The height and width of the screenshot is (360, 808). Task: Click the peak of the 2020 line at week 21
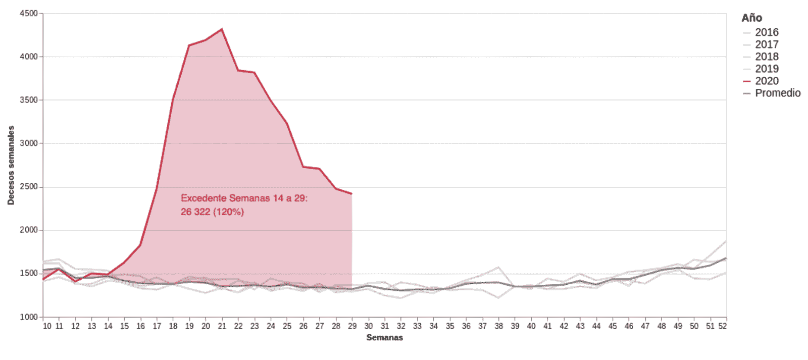click(x=222, y=29)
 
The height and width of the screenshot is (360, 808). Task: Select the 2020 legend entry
click(x=766, y=81)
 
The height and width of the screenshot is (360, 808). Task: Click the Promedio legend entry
click(x=777, y=93)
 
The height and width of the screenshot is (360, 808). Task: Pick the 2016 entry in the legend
click(x=766, y=32)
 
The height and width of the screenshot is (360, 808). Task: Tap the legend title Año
click(x=751, y=18)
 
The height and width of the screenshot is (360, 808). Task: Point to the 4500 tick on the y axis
click(x=29, y=14)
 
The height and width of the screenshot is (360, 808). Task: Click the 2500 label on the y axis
click(x=29, y=187)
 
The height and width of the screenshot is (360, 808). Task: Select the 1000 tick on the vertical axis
click(x=29, y=317)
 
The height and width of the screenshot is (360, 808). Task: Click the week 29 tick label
click(x=352, y=326)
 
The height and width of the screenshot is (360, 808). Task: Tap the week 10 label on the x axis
click(x=47, y=326)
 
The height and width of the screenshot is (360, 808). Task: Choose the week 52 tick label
click(x=723, y=326)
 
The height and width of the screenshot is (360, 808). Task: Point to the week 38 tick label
click(x=498, y=326)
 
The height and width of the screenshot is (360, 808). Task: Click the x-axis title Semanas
click(x=384, y=338)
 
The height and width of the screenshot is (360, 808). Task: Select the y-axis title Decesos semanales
click(x=11, y=165)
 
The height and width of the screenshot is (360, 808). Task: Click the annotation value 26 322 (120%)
click(x=212, y=212)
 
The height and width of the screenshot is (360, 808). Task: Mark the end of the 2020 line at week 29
click(x=351, y=193)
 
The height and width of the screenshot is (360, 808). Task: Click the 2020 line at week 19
click(x=189, y=45)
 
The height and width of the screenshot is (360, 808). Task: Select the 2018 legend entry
click(x=766, y=57)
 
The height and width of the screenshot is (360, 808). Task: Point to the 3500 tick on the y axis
click(x=29, y=100)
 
